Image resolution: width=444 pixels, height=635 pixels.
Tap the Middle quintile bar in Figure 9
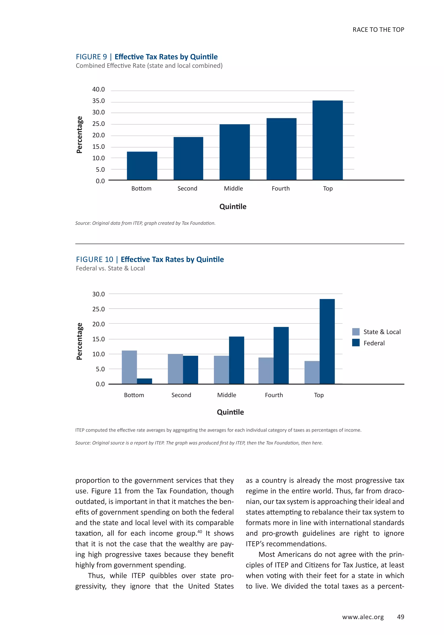pos(235,152)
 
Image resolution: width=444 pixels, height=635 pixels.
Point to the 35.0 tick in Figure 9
pos(98,101)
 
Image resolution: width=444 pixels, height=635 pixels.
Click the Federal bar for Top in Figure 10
pos(327,341)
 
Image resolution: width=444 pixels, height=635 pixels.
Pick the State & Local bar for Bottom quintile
pos(129,367)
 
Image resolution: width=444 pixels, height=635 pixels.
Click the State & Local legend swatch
pos(356,332)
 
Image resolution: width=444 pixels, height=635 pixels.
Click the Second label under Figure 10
pos(181,395)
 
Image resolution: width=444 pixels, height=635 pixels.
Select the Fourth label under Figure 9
pos(281,188)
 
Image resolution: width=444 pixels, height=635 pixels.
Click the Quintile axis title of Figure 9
pos(233,207)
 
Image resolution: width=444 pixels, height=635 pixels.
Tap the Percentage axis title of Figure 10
pos(79,341)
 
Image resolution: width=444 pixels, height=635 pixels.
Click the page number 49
pos(400,617)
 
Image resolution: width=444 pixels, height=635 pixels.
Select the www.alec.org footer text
pos(363,617)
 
